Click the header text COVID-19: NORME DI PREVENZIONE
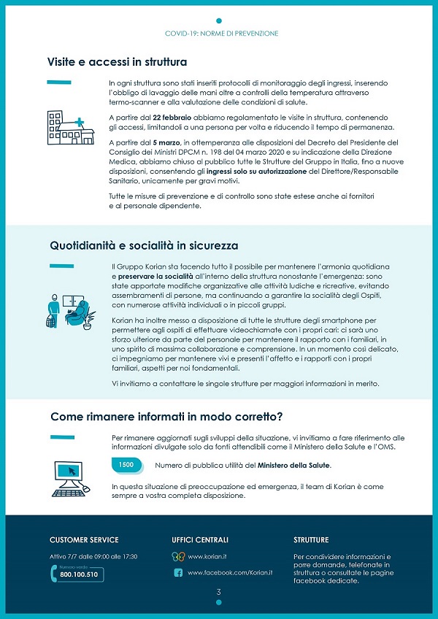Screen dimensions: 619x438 (221, 34)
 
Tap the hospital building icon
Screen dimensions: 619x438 (69, 128)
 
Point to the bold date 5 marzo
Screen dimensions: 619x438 (167, 142)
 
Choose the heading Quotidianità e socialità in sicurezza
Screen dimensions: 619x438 (144, 245)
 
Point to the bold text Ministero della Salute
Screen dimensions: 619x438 (293, 465)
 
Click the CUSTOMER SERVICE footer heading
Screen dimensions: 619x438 (84, 540)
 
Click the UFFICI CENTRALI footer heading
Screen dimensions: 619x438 (200, 540)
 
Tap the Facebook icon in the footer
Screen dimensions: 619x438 (177, 573)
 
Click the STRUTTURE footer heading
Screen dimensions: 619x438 (311, 540)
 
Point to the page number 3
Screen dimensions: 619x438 (218, 591)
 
